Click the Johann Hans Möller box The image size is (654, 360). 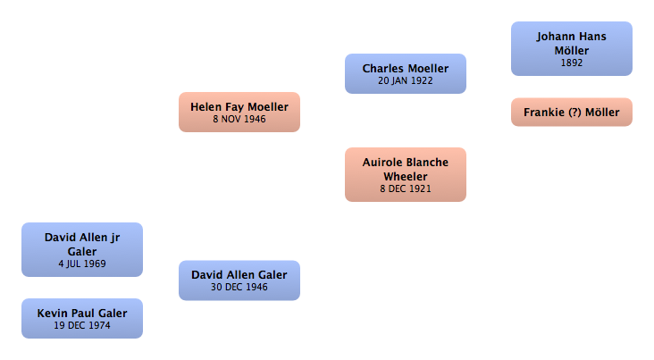pyautogui.click(x=571, y=49)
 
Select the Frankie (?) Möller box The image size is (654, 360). pyautogui.click(x=571, y=112)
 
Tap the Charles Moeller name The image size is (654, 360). pyautogui.click(x=405, y=68)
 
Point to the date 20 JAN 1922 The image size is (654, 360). pyautogui.click(x=405, y=80)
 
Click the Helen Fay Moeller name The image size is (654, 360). pyautogui.click(x=239, y=106)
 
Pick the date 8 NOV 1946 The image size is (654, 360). pyautogui.click(x=239, y=119)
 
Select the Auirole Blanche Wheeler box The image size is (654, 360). pyautogui.click(x=405, y=174)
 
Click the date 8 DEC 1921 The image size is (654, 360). pyautogui.click(x=405, y=189)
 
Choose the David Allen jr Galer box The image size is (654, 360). pyautogui.click(x=81, y=249)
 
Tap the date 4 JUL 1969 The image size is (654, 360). pyautogui.click(x=81, y=264)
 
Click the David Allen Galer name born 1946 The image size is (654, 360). pyautogui.click(x=239, y=274)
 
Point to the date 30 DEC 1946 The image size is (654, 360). pyautogui.click(x=239, y=287)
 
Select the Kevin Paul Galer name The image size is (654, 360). pyautogui.click(x=81, y=313)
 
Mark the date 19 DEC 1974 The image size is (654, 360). pyautogui.click(x=81, y=325)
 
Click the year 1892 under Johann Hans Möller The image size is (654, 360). pyautogui.click(x=571, y=63)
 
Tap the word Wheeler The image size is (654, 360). pyautogui.click(x=405, y=176)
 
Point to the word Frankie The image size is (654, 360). pyautogui.click(x=542, y=112)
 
